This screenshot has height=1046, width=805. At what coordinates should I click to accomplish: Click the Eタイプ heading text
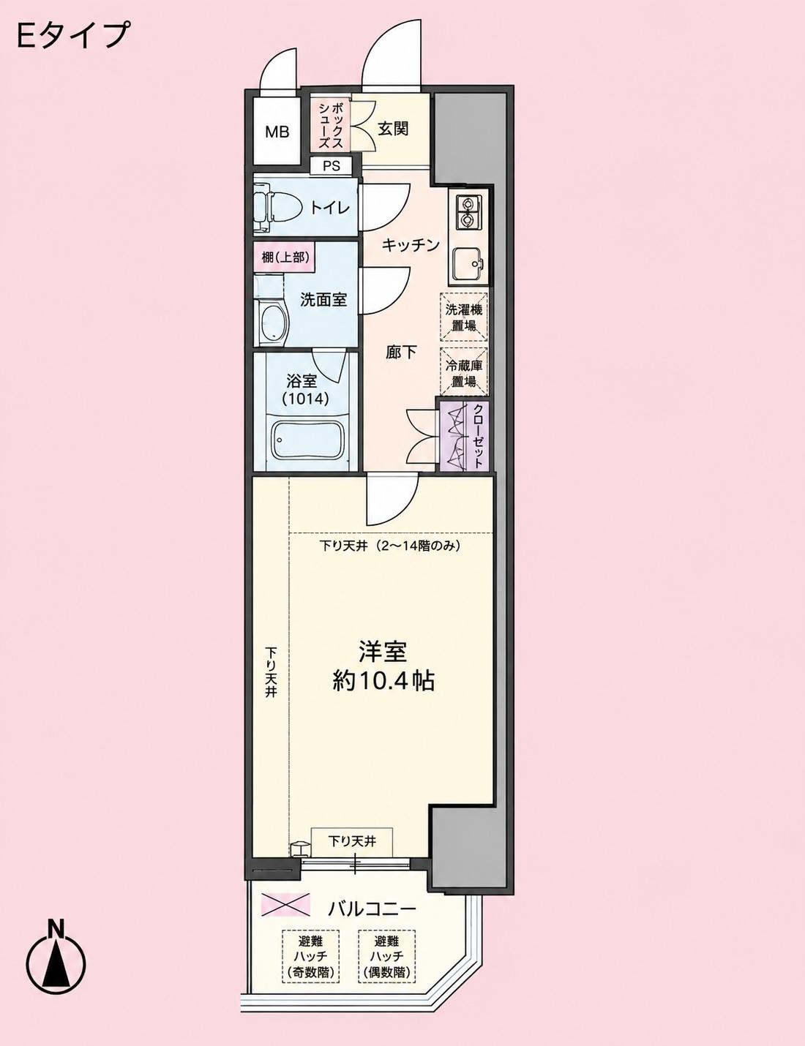(73, 34)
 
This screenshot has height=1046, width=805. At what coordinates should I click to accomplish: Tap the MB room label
(277, 132)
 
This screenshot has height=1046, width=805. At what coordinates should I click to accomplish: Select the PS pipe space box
(332, 166)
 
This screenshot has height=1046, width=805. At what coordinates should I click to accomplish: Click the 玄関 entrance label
(394, 129)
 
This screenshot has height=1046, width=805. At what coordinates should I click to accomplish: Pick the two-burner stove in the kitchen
(466, 211)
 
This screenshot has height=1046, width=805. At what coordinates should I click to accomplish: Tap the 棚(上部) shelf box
(285, 257)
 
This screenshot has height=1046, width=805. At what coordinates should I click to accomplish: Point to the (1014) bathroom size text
(306, 399)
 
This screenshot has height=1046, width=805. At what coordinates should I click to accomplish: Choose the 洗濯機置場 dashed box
(464, 317)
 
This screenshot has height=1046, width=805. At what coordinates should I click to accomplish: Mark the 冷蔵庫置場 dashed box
(464, 372)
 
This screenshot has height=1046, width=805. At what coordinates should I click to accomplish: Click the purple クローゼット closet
(463, 436)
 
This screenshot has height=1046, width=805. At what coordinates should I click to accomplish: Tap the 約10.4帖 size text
(383, 681)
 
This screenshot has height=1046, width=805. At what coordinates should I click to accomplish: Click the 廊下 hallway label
(401, 353)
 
